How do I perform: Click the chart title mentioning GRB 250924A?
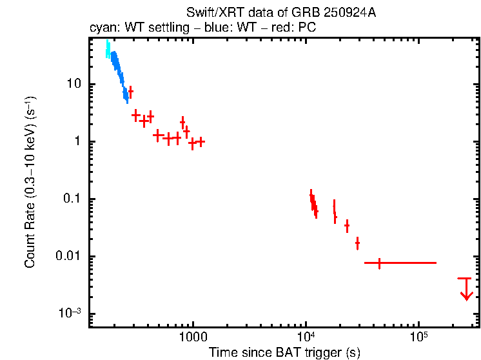[x=281, y=13]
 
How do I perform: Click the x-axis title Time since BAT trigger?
[x=284, y=352]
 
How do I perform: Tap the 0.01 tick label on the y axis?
[x=68, y=257]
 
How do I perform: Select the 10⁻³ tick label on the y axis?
[x=69, y=314]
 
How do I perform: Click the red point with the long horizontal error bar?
[x=379, y=263]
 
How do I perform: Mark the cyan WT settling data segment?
[x=108, y=50]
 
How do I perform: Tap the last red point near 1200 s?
[x=201, y=141]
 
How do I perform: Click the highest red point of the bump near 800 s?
[x=182, y=121]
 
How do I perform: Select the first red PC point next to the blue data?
[x=131, y=92]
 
